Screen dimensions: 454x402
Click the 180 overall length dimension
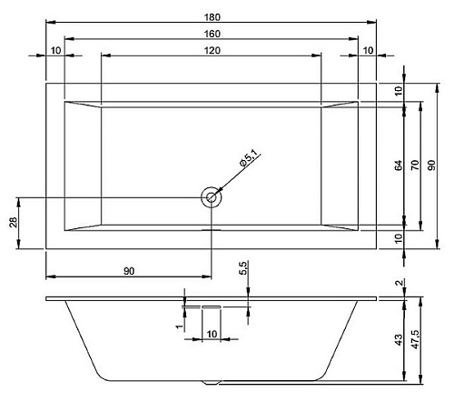pyautogui.click(x=212, y=17)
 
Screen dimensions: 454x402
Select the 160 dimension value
pyautogui.click(x=212, y=34)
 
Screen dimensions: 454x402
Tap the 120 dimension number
pyautogui.click(x=212, y=50)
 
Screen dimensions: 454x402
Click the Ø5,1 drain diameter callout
pyautogui.click(x=250, y=158)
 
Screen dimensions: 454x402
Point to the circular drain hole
pyautogui.click(x=212, y=197)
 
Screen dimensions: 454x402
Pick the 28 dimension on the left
pyautogui.click(x=14, y=222)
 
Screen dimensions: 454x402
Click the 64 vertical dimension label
pyautogui.click(x=399, y=166)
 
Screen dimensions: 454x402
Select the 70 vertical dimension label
pyautogui.click(x=416, y=166)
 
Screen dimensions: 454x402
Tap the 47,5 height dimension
pyautogui.click(x=416, y=339)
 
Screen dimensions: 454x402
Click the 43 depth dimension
pyautogui.click(x=399, y=340)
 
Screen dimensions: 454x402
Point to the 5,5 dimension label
pyautogui.click(x=243, y=268)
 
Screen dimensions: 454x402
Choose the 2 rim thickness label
pyautogui.click(x=400, y=283)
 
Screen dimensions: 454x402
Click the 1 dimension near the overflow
pyautogui.click(x=180, y=327)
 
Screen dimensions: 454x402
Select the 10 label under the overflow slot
pyautogui.click(x=212, y=334)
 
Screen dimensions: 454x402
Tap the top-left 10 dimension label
pyautogui.click(x=55, y=50)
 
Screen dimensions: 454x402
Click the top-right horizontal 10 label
pyautogui.click(x=368, y=50)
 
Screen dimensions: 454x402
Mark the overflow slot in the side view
pyautogui.click(x=212, y=307)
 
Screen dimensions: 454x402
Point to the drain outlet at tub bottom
pyautogui.click(x=212, y=383)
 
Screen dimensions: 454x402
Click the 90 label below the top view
pyautogui.click(x=129, y=271)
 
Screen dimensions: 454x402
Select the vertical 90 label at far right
pyautogui.click(x=432, y=166)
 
